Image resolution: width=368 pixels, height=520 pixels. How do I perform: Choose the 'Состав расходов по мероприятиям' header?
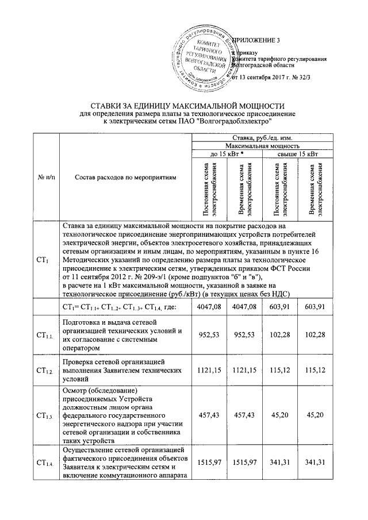[x=124, y=178]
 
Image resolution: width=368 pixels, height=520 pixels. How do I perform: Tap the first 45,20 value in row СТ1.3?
[x=279, y=414]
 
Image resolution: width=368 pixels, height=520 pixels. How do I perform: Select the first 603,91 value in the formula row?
[x=279, y=309]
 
